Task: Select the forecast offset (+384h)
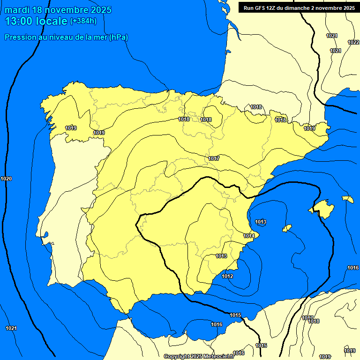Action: pyautogui.click(x=83, y=21)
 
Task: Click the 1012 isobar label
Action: pyautogui.click(x=227, y=277)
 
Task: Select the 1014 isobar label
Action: pyautogui.click(x=249, y=236)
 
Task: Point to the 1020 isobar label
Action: pyautogui.click(x=7, y=179)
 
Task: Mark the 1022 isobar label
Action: pyautogui.click(x=353, y=42)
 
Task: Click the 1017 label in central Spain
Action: pyautogui.click(x=214, y=158)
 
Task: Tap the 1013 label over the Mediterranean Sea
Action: pyautogui.click(x=261, y=222)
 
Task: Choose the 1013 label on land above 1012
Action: pyautogui.click(x=221, y=256)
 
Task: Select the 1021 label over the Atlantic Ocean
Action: pyautogui.click(x=11, y=328)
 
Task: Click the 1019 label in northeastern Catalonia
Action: pyautogui.click(x=309, y=128)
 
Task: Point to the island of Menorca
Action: pyautogui.click(x=348, y=199)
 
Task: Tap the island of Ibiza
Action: pyautogui.click(x=287, y=228)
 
